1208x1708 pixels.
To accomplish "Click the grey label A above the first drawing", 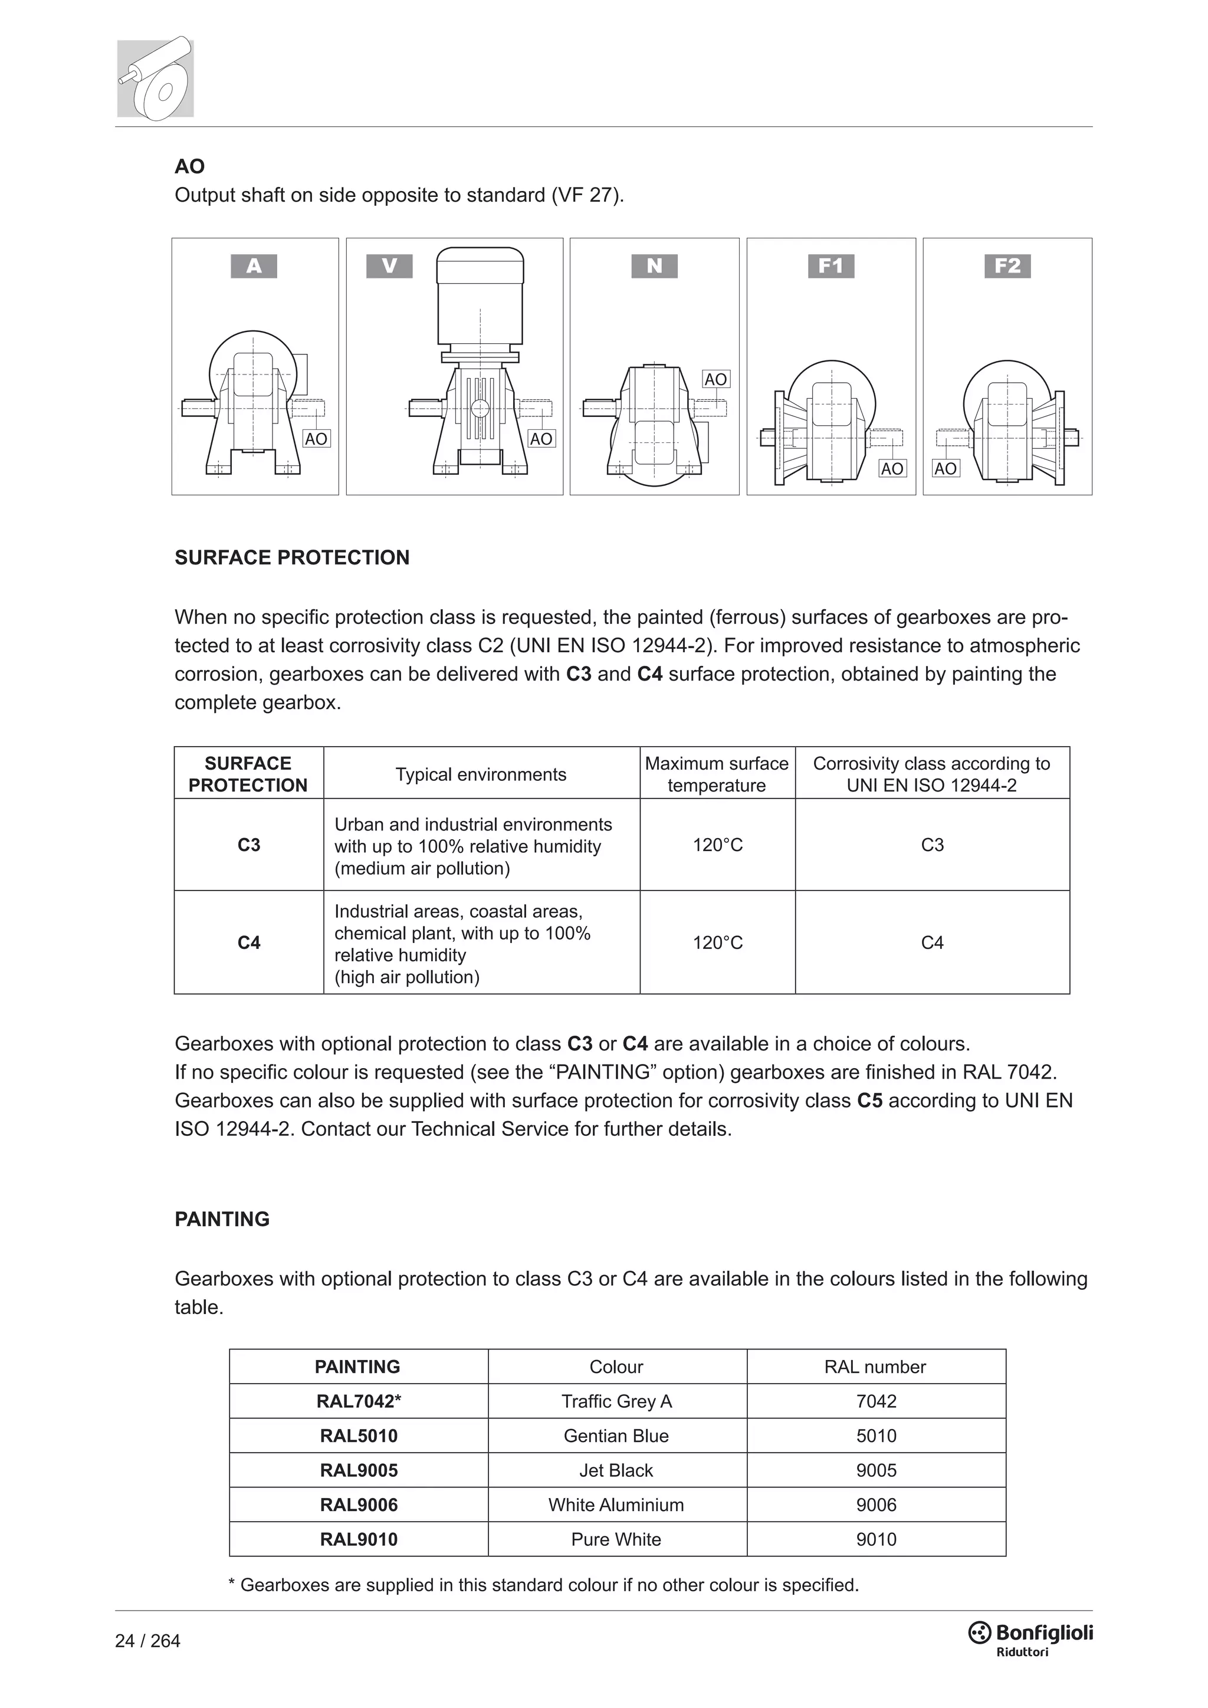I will tap(254, 265).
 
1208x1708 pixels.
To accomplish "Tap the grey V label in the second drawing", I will tap(389, 265).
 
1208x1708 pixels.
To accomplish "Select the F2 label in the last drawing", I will tap(1007, 265).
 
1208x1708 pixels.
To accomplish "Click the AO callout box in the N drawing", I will tap(715, 379).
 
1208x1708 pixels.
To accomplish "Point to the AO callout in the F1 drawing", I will tap(892, 469).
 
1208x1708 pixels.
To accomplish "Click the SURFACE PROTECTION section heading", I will tap(291, 558).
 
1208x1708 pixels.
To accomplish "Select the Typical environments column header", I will tap(481, 774).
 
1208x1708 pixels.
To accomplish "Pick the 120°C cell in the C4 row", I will tap(717, 942).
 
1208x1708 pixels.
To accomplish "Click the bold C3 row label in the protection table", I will tap(248, 845).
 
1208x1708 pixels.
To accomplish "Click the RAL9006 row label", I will tap(359, 1505).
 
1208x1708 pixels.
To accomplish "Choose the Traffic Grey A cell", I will tap(616, 1401).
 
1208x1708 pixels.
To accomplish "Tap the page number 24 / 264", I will tap(147, 1641).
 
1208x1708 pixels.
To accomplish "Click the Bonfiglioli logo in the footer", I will tap(1030, 1637).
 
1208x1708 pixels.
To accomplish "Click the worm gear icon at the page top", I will tap(156, 78).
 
